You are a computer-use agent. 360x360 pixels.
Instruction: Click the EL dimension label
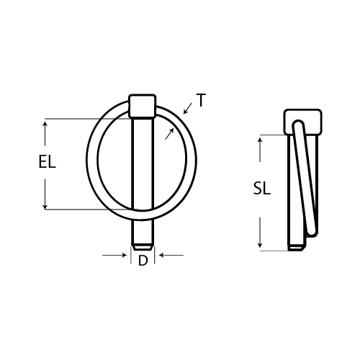[47, 163]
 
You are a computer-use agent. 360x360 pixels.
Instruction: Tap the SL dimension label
[262, 189]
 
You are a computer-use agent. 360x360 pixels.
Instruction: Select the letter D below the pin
[143, 261]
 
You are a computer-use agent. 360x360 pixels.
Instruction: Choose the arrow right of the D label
[163, 254]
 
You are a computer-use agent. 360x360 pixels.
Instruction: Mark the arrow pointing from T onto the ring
[187, 111]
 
